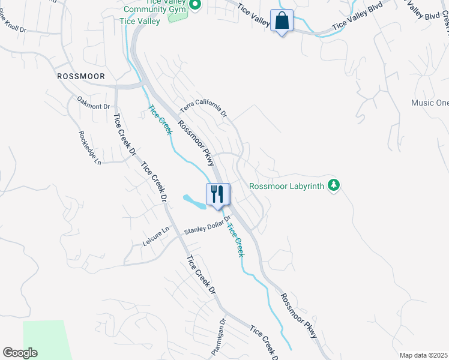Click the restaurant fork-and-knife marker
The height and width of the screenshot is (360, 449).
(x=218, y=194)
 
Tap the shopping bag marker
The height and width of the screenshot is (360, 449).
(x=282, y=20)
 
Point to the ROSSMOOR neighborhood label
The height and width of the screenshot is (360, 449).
(x=80, y=76)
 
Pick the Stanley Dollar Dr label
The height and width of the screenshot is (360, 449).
(x=207, y=230)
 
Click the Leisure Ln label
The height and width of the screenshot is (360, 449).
(x=156, y=240)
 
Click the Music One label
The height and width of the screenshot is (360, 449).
(x=430, y=103)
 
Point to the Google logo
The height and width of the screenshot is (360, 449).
(x=20, y=353)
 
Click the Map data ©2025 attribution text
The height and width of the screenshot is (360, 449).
(x=424, y=355)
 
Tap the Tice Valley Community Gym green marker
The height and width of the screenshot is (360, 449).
(x=194, y=5)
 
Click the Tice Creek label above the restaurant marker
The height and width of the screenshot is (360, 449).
(x=160, y=119)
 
